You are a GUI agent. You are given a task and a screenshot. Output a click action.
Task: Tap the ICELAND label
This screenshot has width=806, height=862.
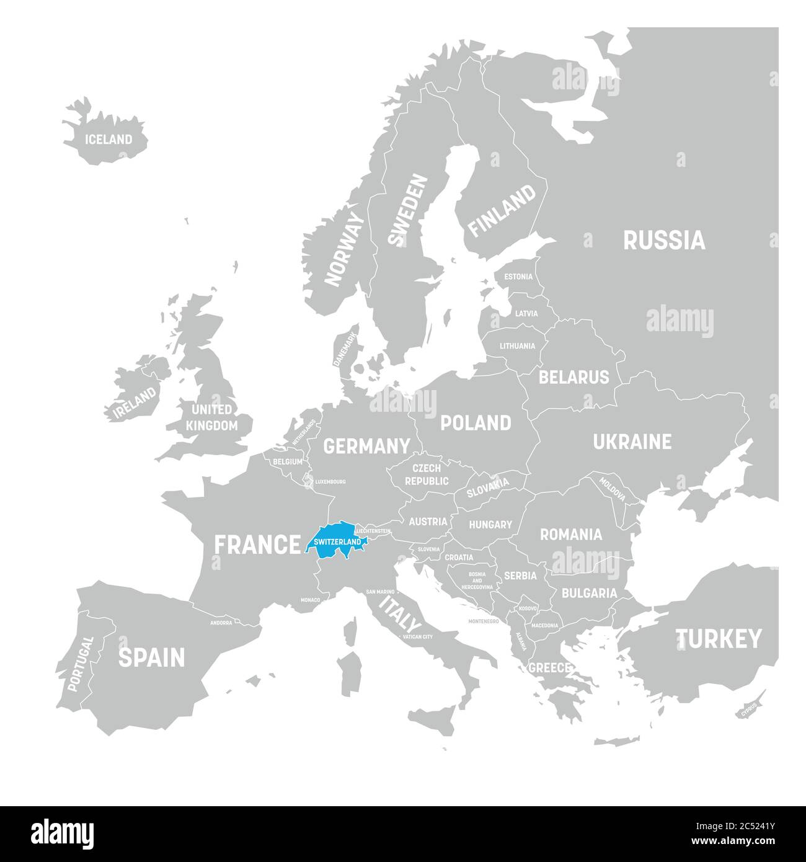tap(108, 140)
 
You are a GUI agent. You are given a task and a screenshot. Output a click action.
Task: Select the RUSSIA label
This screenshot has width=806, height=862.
tap(664, 240)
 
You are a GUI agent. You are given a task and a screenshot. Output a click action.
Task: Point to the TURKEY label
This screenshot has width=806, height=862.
tap(719, 638)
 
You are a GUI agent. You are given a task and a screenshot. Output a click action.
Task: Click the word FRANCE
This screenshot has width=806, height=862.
tap(257, 545)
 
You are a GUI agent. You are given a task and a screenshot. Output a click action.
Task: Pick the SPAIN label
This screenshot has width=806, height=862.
tap(151, 657)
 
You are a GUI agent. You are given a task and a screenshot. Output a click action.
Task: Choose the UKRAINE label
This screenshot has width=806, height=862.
tap(632, 442)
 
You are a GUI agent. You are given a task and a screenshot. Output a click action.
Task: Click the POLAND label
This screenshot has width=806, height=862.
tap(476, 423)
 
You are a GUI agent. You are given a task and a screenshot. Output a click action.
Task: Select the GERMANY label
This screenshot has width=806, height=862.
tap(367, 445)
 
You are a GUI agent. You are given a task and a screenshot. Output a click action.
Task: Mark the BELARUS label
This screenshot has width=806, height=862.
tap(573, 376)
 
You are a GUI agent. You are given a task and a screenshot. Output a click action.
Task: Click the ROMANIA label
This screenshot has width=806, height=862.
tap(570, 534)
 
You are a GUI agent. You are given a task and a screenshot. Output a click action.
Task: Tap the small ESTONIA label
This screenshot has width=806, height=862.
tap(518, 277)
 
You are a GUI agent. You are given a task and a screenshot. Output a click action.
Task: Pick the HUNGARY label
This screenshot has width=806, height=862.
tap(490, 525)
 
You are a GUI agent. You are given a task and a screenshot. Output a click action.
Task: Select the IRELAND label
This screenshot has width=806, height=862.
tap(134, 403)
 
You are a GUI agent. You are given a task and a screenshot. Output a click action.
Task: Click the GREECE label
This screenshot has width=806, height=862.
tap(549, 668)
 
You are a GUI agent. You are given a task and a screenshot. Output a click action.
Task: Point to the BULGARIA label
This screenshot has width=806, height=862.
tap(589, 593)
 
